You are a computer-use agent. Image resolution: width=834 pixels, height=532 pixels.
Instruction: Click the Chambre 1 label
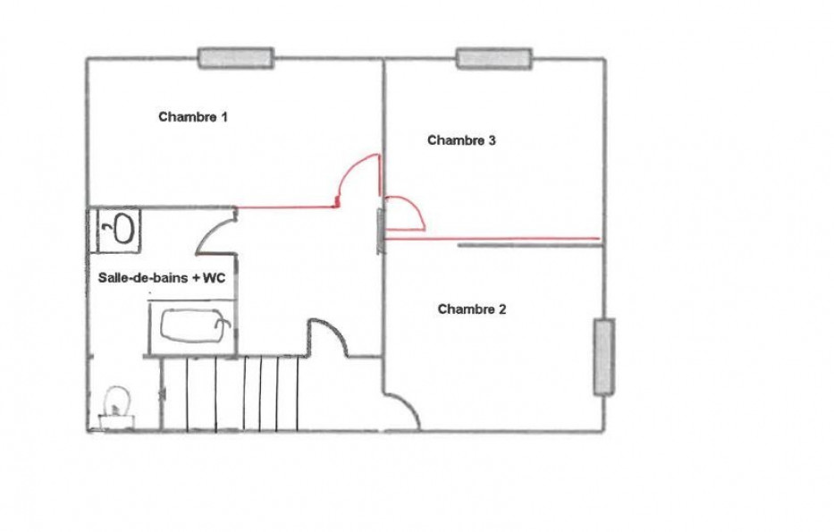(193, 116)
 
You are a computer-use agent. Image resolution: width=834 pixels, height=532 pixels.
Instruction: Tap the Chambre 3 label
(461, 139)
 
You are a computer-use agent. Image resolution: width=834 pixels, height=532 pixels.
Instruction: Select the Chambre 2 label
(472, 309)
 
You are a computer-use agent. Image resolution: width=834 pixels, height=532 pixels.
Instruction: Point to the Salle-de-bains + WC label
(162, 278)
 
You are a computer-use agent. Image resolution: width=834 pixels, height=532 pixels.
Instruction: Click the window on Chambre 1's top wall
(236, 58)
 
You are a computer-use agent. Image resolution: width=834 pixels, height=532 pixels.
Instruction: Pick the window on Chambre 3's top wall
(494, 58)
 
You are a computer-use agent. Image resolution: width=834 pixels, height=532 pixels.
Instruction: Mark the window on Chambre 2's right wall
(604, 357)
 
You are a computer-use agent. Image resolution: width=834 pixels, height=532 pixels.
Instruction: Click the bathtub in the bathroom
(192, 326)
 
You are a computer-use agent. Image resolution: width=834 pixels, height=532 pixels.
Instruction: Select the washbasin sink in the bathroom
(120, 229)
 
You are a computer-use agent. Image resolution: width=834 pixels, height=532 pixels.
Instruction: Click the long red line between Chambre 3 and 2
(492, 239)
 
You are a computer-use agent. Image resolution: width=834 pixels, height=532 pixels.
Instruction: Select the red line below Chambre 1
(287, 207)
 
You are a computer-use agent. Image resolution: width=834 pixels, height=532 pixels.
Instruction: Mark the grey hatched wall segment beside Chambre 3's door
(380, 232)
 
